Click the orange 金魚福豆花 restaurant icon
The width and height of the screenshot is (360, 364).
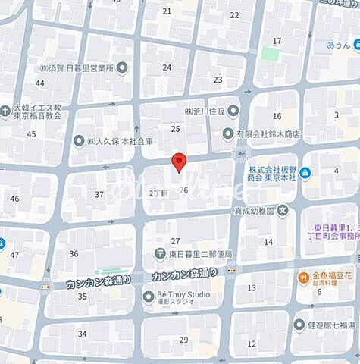pos(302,278)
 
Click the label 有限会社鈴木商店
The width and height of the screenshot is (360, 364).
pos(267,134)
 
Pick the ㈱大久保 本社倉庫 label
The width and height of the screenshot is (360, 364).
pos(119,141)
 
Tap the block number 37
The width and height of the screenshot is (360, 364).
pos(99,195)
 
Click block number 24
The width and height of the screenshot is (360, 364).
pos(166,68)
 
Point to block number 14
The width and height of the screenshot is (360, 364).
pos(268,242)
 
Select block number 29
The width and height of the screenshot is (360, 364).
pos(183,339)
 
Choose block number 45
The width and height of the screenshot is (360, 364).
pos(31,134)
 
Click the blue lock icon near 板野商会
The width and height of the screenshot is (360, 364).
pos(305,173)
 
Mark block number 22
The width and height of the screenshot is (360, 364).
pos(234,15)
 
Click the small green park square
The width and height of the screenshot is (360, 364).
pos(270,54)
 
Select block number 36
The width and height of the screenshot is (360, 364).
pos(74,253)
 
